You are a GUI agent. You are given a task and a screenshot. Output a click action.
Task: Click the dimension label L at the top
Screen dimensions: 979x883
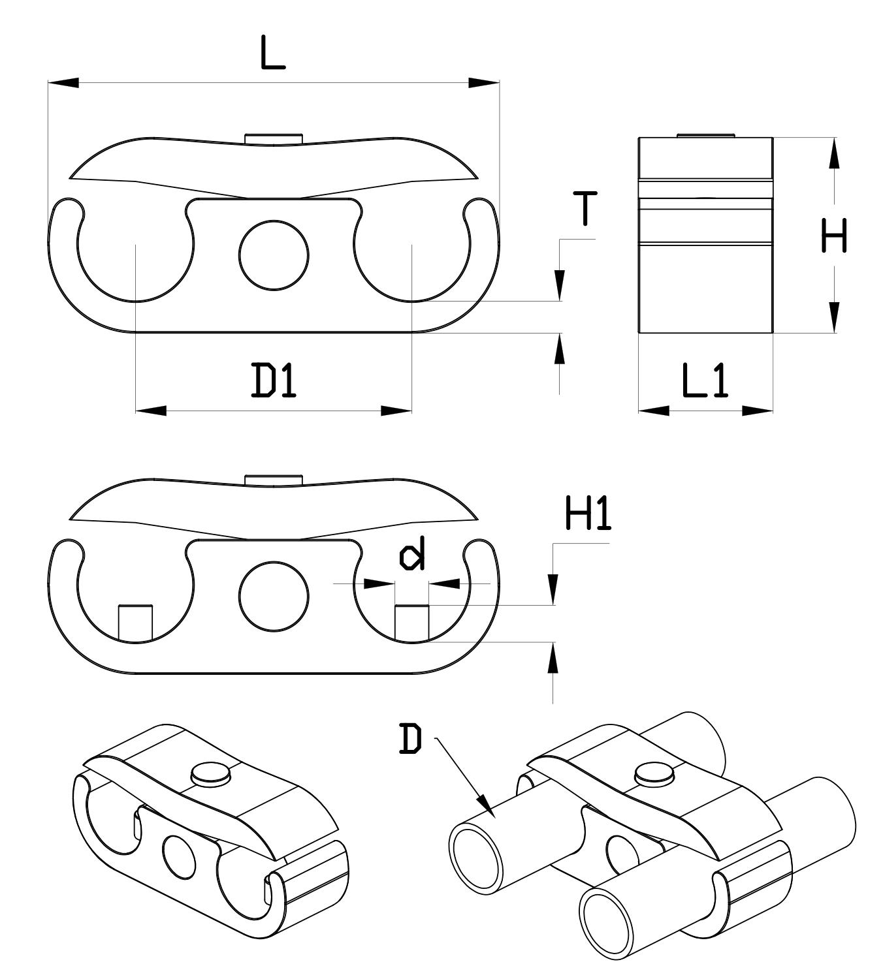(x=273, y=53)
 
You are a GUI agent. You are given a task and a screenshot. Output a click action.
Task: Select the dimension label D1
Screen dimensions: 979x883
(x=274, y=381)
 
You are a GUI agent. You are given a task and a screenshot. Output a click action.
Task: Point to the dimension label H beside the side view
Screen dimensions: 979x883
(x=834, y=236)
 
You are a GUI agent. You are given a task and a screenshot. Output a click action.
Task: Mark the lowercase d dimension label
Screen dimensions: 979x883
(x=412, y=554)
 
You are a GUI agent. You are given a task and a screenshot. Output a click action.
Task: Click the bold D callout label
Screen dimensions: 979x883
(x=410, y=739)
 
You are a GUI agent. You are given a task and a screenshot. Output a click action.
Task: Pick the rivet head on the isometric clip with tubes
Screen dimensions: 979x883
(x=654, y=771)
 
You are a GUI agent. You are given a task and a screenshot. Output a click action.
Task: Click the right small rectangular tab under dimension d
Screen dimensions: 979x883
(x=412, y=623)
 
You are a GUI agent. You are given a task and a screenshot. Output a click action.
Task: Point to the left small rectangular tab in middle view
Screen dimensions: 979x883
(x=136, y=623)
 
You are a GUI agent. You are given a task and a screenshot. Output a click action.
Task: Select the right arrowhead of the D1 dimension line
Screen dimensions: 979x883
(x=396, y=411)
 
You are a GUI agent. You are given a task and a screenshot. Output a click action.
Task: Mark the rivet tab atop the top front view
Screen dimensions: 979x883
(x=274, y=138)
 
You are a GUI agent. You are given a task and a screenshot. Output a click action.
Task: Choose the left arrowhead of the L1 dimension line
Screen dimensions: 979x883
(x=653, y=411)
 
